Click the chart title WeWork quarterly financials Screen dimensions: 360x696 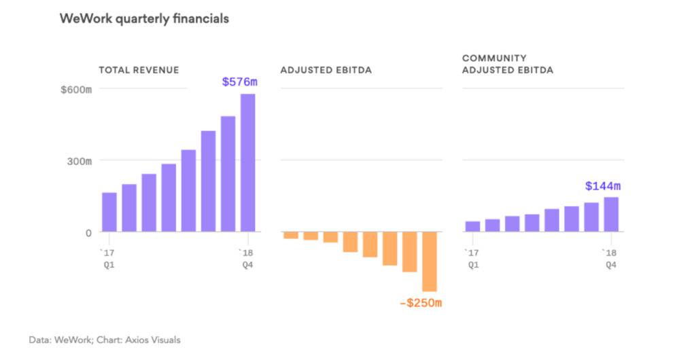(144, 19)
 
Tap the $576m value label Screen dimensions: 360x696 (240, 82)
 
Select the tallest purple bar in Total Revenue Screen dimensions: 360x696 (247, 163)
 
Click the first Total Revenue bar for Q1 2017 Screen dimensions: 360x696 (109, 212)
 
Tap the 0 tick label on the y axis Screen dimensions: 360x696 (88, 233)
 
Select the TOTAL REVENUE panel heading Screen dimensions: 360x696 (139, 70)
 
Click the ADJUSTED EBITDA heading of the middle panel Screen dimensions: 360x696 (326, 70)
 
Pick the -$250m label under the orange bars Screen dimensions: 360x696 (420, 303)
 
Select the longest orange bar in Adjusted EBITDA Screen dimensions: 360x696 (429, 262)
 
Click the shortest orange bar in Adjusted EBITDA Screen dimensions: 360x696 (291, 235)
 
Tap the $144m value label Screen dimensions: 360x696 (603, 185)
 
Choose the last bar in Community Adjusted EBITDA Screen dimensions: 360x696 (611, 215)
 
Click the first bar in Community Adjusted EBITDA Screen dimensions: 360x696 (472, 226)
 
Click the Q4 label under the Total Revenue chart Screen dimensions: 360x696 (247, 265)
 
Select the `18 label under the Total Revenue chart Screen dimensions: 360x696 (245, 253)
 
